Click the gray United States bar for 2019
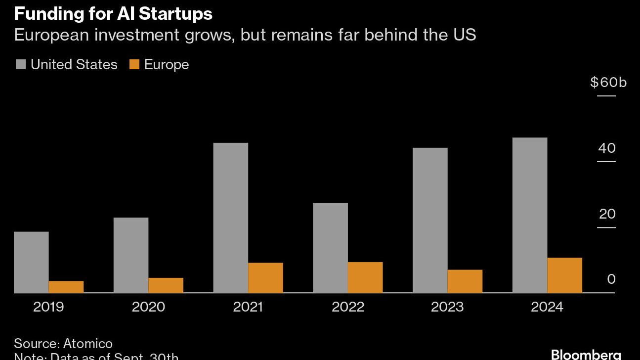(x=31, y=262)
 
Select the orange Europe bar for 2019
(x=66, y=287)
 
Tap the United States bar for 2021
(x=231, y=218)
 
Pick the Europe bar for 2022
(x=365, y=277)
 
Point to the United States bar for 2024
(x=530, y=215)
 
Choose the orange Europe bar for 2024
(x=565, y=275)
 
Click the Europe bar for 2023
(x=465, y=281)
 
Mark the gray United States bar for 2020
(x=131, y=255)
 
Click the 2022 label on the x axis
(x=348, y=307)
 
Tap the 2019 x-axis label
(x=48, y=307)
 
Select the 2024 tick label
(x=547, y=307)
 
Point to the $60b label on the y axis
(x=608, y=82)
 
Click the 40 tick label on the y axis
(x=607, y=148)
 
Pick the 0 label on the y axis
(x=611, y=279)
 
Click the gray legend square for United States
(x=20, y=64)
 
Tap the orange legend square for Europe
(x=134, y=64)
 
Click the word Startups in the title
(x=175, y=14)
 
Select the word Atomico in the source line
(x=88, y=344)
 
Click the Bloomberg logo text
(x=586, y=355)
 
